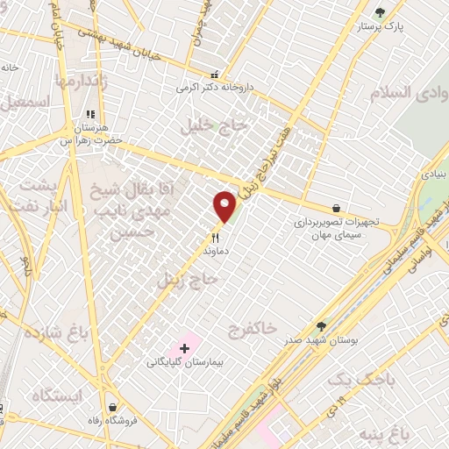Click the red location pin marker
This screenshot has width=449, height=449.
[225, 206]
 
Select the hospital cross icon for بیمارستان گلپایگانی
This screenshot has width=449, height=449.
[184, 348]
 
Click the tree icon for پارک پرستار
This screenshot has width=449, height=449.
[379, 12]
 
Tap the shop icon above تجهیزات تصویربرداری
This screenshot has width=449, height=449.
[337, 208]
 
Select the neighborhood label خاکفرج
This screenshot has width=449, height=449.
[253, 328]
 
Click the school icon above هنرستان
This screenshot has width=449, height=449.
[90, 114]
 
